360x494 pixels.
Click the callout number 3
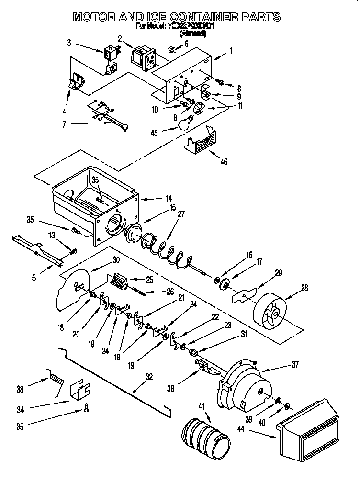[69, 43]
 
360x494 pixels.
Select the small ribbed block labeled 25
[119, 281]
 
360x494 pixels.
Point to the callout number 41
[202, 406]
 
